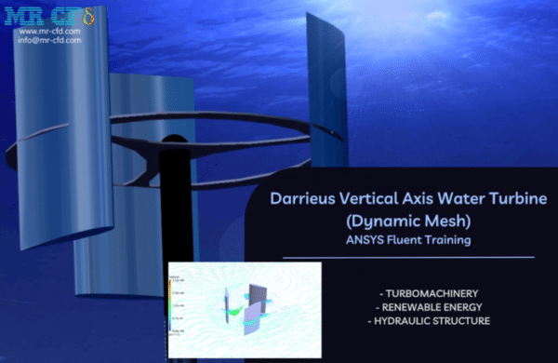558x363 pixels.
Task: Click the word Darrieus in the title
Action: pyautogui.click(x=299, y=198)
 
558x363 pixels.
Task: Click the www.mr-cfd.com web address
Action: pyautogui.click(x=49, y=31)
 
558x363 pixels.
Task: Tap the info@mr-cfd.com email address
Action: pyautogui.click(x=49, y=40)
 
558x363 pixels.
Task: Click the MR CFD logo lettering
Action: pyautogui.click(x=35, y=15)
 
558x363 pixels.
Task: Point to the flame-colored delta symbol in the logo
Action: pyautogui.click(x=77, y=15)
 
